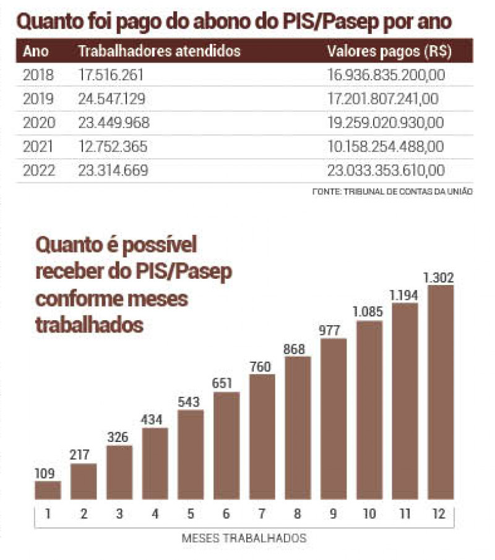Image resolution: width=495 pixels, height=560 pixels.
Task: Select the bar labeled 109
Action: (48, 490)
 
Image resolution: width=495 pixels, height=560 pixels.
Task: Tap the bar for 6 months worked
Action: (226, 445)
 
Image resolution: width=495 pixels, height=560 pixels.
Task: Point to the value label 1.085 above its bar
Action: (369, 313)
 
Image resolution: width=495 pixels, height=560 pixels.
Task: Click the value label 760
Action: (262, 366)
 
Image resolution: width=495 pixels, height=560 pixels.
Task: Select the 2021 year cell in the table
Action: (38, 146)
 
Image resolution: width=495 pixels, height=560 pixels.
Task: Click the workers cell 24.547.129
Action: (114, 99)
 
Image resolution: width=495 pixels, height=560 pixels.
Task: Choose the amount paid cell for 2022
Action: (385, 171)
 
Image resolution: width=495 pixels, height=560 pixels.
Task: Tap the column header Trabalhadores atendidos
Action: (159, 51)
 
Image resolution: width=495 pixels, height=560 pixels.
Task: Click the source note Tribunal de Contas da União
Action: (392, 192)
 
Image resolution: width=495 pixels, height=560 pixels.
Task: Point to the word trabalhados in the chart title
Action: (89, 324)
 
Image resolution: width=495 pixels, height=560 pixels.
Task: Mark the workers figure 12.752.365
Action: (114, 146)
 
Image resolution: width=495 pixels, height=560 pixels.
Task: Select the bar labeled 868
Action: (298, 427)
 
